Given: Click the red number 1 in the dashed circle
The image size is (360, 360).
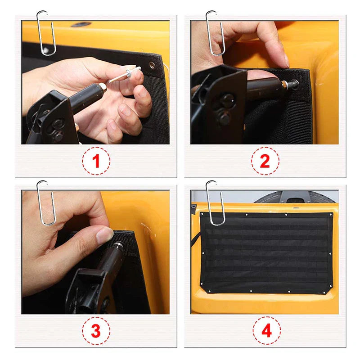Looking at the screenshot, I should click(x=96, y=161).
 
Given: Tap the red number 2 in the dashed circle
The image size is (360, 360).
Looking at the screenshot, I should click(x=265, y=161).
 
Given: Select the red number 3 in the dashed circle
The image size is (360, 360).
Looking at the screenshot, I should click(x=96, y=331).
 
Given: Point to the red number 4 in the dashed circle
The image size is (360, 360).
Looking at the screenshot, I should click(x=266, y=331).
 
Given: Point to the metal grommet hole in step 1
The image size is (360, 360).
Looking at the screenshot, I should click(x=152, y=65).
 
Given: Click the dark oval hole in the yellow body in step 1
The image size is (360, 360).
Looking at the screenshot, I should click(x=81, y=24).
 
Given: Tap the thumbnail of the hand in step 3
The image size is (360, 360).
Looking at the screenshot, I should click(x=104, y=234).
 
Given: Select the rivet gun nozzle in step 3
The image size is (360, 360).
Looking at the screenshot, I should click(x=118, y=247).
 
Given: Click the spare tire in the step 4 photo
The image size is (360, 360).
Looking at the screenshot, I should click(x=295, y=197).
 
